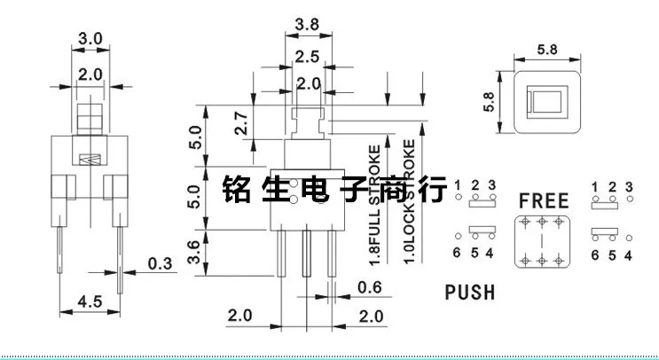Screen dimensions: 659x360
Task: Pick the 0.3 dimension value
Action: coord(160,263)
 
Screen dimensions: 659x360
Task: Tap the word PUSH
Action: coord(469,291)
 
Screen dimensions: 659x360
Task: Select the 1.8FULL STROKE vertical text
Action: coord(375,205)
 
